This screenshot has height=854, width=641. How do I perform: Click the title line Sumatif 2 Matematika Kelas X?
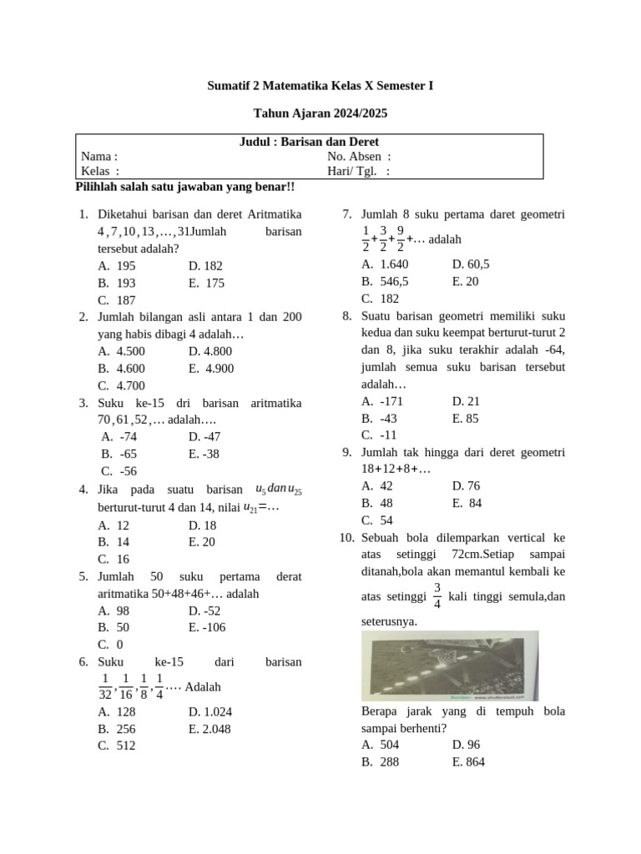[320, 86]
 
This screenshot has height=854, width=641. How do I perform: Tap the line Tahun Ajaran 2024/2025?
[320, 113]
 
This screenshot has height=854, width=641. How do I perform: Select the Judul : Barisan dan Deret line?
[310, 142]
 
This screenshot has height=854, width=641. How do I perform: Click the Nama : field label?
[99, 157]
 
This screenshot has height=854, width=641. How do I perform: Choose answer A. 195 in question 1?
[116, 266]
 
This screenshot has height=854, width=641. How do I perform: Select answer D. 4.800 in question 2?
[210, 351]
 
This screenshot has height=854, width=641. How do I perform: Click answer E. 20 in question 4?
[202, 541]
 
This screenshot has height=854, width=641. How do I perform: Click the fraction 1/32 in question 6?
[104, 686]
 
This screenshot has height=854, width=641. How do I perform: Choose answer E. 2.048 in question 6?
[209, 729]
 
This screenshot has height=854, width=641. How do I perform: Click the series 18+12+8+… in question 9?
[396, 469]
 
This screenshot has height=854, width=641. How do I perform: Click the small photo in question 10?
[450, 666]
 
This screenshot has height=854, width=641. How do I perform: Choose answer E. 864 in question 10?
[468, 762]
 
